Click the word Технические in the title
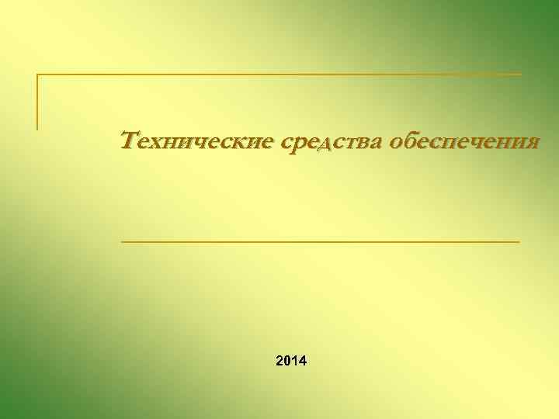coord(198,141)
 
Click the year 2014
coord(291,361)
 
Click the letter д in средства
coord(330,144)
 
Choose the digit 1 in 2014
coord(295,361)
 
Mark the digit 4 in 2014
coord(303,361)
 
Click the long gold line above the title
coord(279,74)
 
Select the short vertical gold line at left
coord(37,101)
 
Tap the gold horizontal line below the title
coord(321,242)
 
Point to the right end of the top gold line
coord(519,74)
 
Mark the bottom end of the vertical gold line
coord(37,127)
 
